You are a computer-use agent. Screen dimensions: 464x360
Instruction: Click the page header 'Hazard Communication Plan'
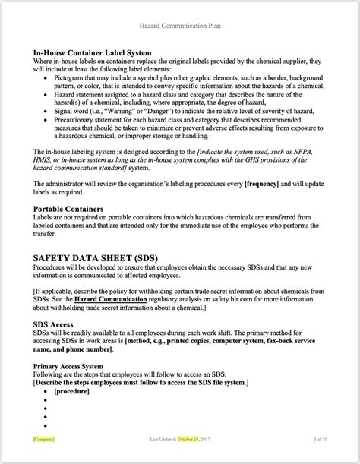(x=180, y=25)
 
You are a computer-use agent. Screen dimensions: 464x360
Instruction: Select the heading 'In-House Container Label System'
(x=95, y=52)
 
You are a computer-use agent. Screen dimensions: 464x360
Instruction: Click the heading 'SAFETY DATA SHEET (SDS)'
(x=95, y=258)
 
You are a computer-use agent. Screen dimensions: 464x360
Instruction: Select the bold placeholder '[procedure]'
(x=73, y=390)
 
